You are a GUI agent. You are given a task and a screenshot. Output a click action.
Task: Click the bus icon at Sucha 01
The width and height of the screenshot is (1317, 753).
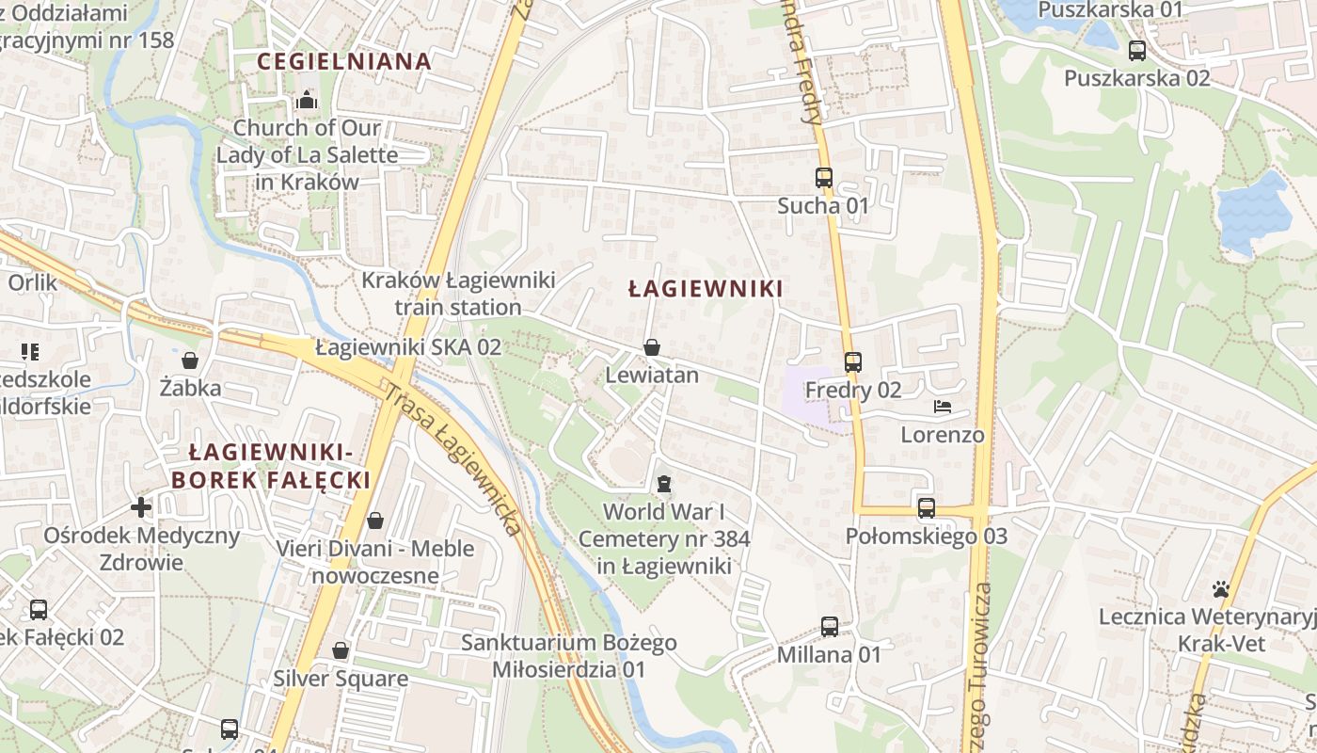tap(824, 177)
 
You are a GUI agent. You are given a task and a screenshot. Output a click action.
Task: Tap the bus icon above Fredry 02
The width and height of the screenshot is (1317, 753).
tap(853, 361)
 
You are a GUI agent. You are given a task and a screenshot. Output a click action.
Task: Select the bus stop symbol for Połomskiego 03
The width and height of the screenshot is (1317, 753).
tap(927, 508)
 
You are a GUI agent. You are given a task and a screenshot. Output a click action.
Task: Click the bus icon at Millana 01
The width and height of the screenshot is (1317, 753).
tap(830, 626)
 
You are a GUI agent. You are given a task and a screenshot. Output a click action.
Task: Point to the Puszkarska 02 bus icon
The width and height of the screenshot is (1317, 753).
tap(1137, 51)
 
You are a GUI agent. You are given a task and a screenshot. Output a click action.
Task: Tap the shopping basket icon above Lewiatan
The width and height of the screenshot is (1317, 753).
tap(651, 347)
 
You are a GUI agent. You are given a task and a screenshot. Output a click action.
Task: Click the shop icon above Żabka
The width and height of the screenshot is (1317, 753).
tap(190, 360)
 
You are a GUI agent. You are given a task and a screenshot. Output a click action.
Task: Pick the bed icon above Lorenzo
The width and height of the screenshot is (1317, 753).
tap(943, 407)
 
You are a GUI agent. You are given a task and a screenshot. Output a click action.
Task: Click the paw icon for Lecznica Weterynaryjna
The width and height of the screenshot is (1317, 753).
tap(1221, 589)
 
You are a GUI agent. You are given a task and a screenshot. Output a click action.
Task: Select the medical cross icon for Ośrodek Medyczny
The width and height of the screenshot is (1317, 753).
tap(141, 507)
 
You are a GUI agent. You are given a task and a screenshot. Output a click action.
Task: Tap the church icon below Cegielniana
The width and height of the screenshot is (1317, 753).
tap(307, 100)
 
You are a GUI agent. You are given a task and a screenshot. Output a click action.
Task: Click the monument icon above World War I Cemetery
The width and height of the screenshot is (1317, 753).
tap(664, 484)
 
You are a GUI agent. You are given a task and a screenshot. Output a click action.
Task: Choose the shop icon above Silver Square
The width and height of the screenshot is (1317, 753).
tap(341, 650)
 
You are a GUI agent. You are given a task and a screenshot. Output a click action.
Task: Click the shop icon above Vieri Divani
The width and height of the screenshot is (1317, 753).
tap(375, 520)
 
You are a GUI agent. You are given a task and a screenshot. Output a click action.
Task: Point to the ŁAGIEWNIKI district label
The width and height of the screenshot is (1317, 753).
tap(706, 289)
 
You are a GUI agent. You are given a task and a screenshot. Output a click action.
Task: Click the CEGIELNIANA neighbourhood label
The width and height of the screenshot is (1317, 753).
tap(344, 62)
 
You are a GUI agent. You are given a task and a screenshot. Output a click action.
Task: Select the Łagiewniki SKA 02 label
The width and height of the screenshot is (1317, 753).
tap(408, 346)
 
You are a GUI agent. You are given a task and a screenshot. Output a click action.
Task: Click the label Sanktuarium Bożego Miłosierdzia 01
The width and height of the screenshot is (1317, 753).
tap(569, 656)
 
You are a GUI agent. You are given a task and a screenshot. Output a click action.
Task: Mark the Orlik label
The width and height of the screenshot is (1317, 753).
tap(33, 282)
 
